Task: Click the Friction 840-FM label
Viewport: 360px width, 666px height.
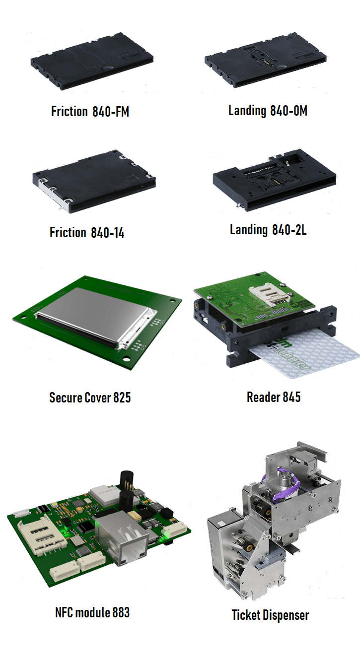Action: tap(90, 112)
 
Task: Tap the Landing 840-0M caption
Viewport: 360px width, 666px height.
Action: tap(268, 111)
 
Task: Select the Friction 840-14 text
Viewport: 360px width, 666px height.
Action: tap(87, 232)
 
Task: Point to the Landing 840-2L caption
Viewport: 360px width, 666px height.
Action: tap(268, 230)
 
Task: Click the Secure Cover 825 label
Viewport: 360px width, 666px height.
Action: tap(90, 398)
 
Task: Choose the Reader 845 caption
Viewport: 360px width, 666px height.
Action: tap(274, 397)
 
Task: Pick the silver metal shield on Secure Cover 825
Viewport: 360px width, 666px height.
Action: tap(96, 316)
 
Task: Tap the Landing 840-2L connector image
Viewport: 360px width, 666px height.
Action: tap(274, 180)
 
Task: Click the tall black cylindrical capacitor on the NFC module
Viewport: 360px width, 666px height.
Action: tap(127, 482)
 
